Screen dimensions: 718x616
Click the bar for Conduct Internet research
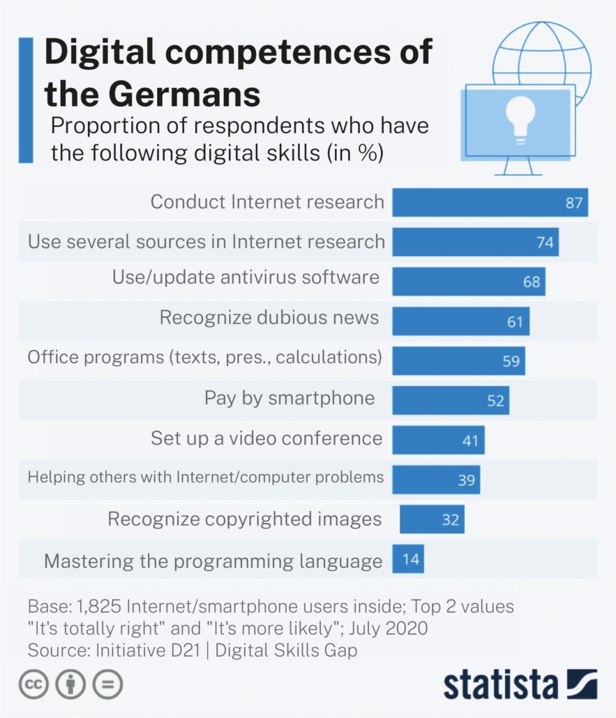pyautogui.click(x=488, y=202)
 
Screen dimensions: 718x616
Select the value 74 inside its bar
pyautogui.click(x=545, y=242)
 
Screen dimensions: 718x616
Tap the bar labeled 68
pyautogui.click(x=467, y=282)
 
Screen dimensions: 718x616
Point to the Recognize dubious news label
pyautogui.click(x=269, y=318)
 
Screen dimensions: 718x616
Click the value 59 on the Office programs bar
pyautogui.click(x=511, y=361)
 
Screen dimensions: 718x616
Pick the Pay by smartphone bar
pyautogui.click(x=450, y=401)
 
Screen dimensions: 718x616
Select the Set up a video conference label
pyautogui.click(x=266, y=438)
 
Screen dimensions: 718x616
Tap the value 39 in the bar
pyautogui.click(x=466, y=480)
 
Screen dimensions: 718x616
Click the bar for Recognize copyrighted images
pyautogui.click(x=432, y=519)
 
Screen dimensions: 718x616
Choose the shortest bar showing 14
pyautogui.click(x=408, y=559)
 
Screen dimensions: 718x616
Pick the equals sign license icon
pyautogui.click(x=107, y=684)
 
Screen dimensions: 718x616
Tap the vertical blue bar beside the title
pyautogui.click(x=26, y=100)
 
